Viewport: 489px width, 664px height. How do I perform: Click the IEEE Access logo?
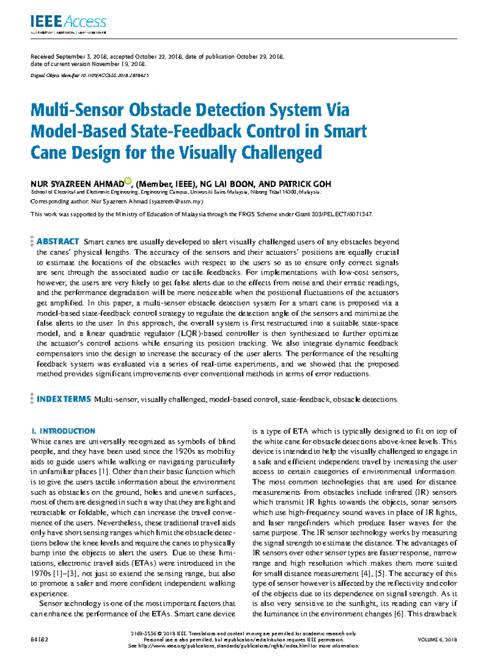(x=68, y=22)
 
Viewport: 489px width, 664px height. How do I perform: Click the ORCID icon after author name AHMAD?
(x=128, y=181)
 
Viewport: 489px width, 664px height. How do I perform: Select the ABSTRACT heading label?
(x=58, y=242)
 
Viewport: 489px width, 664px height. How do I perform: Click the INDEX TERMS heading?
(x=64, y=399)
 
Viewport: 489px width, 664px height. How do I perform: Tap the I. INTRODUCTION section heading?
(x=63, y=431)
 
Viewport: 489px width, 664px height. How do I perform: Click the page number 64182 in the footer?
(x=40, y=640)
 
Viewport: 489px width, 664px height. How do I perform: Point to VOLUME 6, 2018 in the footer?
(x=437, y=640)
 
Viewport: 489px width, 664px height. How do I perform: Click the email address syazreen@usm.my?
(x=176, y=202)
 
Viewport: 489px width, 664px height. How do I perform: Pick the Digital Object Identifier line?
(x=90, y=75)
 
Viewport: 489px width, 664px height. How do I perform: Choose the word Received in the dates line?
(x=42, y=57)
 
